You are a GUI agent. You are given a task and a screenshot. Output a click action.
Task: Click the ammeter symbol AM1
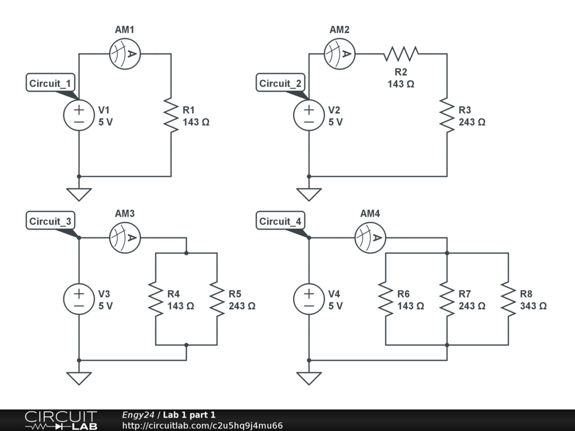pos(125,54)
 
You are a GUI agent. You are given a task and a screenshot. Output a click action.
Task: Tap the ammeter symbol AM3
pos(125,238)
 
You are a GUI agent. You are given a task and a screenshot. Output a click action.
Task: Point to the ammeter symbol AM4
pos(371,238)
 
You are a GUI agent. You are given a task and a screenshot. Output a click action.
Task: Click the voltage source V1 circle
pos(79,116)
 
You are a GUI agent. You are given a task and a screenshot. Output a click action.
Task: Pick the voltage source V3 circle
pos(79,299)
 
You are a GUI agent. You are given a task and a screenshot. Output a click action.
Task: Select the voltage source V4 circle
pos(309,299)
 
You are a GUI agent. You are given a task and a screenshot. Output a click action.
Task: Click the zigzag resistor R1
pos(171,115)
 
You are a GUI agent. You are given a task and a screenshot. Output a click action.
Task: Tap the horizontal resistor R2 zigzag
pos(401,54)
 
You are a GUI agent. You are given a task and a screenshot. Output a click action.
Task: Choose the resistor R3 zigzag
pos(447,115)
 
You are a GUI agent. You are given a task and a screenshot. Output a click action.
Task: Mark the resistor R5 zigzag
pos(217,299)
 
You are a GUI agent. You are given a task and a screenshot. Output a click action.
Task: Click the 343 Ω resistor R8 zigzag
pos(508,299)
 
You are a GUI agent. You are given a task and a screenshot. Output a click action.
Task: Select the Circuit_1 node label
pos(51,84)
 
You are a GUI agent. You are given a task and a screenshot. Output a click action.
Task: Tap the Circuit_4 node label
pos(280,222)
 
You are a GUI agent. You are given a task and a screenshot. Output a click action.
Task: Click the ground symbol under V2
pos(309,194)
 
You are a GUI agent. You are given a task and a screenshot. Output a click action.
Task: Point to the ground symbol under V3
pos(79,378)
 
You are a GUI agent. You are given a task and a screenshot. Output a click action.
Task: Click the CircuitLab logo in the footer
pos(61,420)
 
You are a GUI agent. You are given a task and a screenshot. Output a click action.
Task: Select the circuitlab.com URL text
pos(202,425)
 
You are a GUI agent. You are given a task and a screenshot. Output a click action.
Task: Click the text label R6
pos(403,294)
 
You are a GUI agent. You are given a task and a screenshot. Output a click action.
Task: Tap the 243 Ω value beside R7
pos(472,306)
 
